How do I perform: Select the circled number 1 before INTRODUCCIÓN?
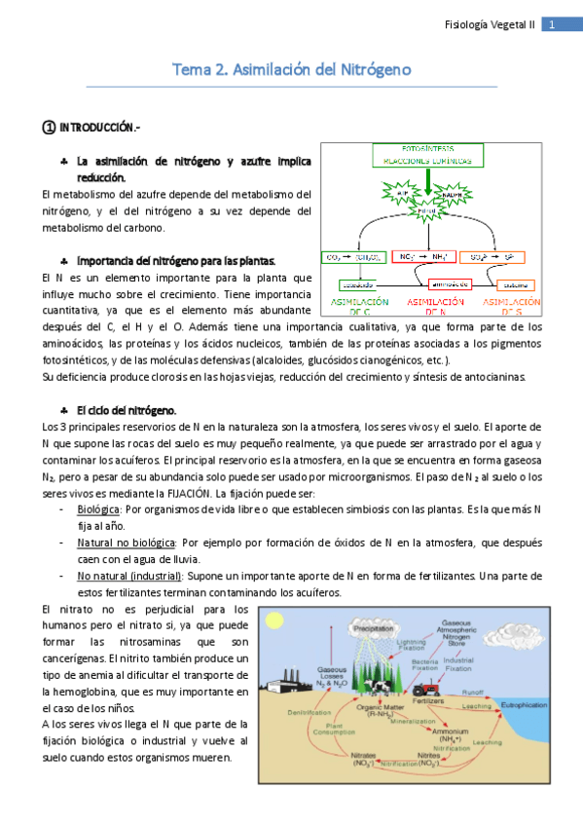pyautogui.click(x=49, y=128)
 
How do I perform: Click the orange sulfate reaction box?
pyautogui.click(x=503, y=257)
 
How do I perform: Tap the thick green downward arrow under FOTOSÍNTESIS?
pyautogui.click(x=428, y=180)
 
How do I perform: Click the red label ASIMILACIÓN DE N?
pyautogui.click(x=431, y=307)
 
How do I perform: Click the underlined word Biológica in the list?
pyautogui.click(x=98, y=510)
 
